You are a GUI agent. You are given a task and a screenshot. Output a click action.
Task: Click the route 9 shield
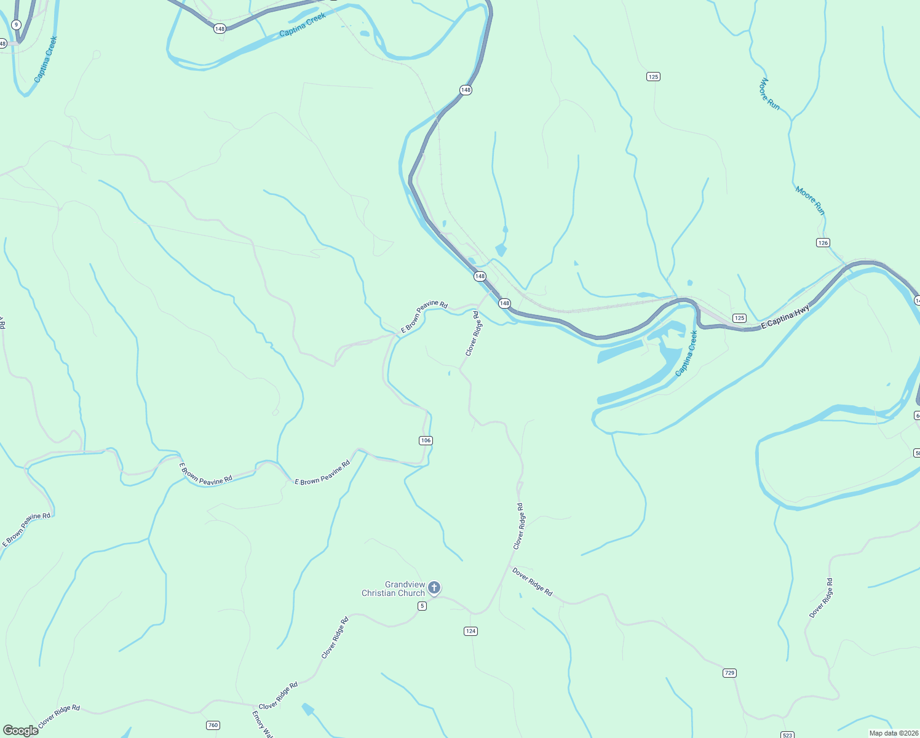tap(16, 25)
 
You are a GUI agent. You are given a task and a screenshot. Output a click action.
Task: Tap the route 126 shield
tap(823, 243)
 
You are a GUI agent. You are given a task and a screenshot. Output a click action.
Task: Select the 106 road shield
tap(426, 440)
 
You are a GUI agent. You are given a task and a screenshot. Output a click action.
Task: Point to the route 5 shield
tap(422, 606)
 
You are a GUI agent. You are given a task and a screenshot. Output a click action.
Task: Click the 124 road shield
tap(470, 631)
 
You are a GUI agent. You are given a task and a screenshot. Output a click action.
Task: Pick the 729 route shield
tap(729, 673)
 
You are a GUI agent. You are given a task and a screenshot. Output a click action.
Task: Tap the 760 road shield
tap(213, 725)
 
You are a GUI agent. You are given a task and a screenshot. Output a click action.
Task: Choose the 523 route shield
tap(787, 735)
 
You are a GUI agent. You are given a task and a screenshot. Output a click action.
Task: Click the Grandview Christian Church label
tap(393, 589)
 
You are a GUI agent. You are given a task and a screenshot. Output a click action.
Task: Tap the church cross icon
tap(434, 587)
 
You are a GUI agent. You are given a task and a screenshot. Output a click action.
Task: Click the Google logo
tap(20, 731)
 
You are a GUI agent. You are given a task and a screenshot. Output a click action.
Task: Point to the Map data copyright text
tap(894, 733)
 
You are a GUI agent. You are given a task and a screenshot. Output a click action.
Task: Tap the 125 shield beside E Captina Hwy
tap(739, 318)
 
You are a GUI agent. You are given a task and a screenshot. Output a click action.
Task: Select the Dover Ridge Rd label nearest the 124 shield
tap(533, 581)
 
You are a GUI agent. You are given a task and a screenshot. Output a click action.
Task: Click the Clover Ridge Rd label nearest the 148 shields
tap(472, 333)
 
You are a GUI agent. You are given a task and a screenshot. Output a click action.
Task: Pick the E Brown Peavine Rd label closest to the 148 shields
tap(424, 316)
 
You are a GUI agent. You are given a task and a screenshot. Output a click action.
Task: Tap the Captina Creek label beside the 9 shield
tap(46, 59)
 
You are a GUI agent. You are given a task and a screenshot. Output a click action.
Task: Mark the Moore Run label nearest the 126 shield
tap(810, 200)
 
